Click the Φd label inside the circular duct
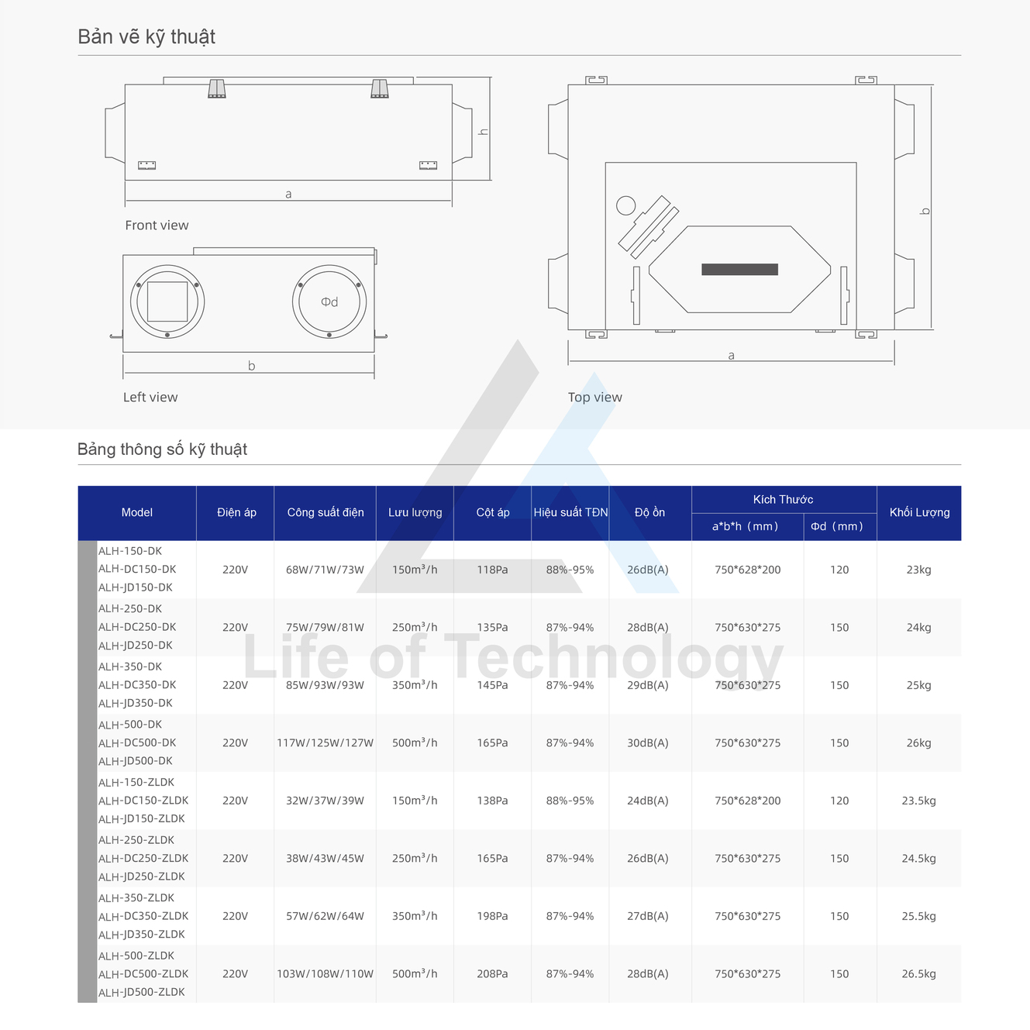pyautogui.click(x=329, y=302)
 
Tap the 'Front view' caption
pyautogui.click(x=157, y=225)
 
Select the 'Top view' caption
pyautogui.click(x=595, y=397)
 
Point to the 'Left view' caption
pyautogui.click(x=150, y=397)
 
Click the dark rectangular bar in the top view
pyautogui.click(x=740, y=270)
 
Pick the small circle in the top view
pyautogui.click(x=626, y=205)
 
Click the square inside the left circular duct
pyautogui.click(x=167, y=301)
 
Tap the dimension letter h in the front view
pyautogui.click(x=483, y=132)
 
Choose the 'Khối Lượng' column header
pyautogui.click(x=919, y=512)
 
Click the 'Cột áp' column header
pyautogui.click(x=493, y=512)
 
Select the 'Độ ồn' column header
pyautogui.click(x=649, y=512)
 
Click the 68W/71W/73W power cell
pyautogui.click(x=325, y=570)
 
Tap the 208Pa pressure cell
pyautogui.click(x=492, y=974)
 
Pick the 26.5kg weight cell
pyautogui.click(x=919, y=974)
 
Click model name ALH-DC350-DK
pyautogui.click(x=137, y=684)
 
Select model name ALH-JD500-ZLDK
pyautogui.click(x=142, y=992)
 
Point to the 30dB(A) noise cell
pyautogui.click(x=648, y=743)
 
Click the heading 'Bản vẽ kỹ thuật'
pyautogui.click(x=146, y=36)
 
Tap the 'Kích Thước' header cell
pyautogui.click(x=783, y=499)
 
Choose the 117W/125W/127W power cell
pyautogui.click(x=325, y=743)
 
